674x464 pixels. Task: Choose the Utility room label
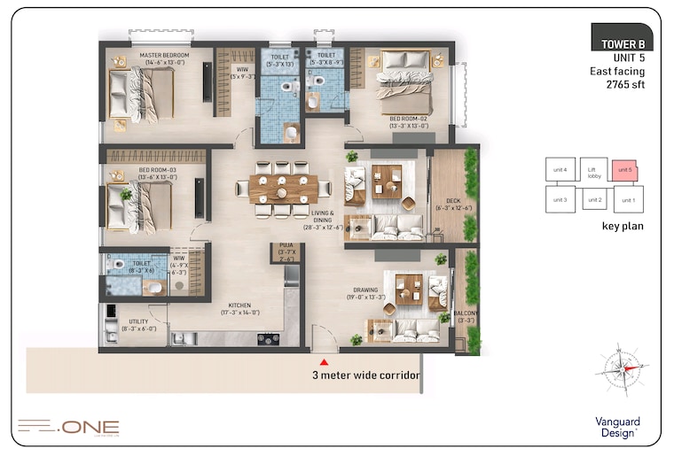137,324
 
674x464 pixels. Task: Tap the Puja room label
286,250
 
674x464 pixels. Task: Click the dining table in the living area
282,187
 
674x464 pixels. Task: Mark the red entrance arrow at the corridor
325,362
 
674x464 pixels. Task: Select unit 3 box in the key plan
559,200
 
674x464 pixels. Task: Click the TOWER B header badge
622,43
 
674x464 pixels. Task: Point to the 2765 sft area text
625,86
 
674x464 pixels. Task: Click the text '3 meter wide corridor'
365,375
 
